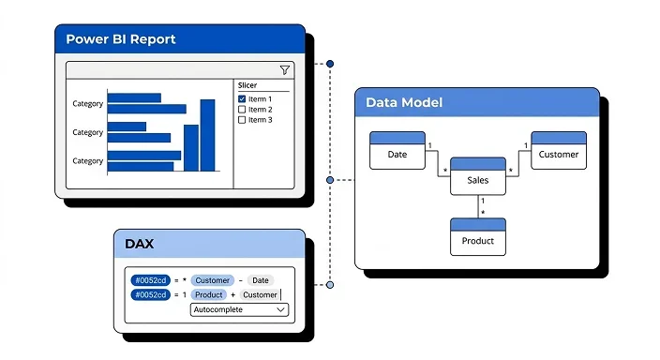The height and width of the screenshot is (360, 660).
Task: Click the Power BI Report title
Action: (x=120, y=39)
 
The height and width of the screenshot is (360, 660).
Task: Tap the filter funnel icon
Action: (x=285, y=69)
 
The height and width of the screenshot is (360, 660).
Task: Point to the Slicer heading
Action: (x=247, y=84)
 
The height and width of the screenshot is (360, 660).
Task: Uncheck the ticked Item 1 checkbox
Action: (x=242, y=98)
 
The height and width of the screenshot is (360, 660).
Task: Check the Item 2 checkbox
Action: (x=242, y=110)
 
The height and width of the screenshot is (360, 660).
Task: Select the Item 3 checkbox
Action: (x=242, y=120)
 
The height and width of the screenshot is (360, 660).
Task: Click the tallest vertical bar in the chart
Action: (x=208, y=135)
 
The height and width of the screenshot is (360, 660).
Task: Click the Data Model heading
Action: (x=403, y=102)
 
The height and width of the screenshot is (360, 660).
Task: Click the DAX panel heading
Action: (x=140, y=244)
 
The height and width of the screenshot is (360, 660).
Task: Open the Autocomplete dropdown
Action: (x=239, y=309)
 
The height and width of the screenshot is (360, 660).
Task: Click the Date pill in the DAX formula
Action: (x=260, y=280)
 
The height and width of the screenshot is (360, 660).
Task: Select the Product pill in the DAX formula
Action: (x=208, y=294)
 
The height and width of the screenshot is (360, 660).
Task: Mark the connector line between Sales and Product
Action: (x=478, y=206)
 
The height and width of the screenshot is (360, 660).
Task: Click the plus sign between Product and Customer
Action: (x=232, y=294)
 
